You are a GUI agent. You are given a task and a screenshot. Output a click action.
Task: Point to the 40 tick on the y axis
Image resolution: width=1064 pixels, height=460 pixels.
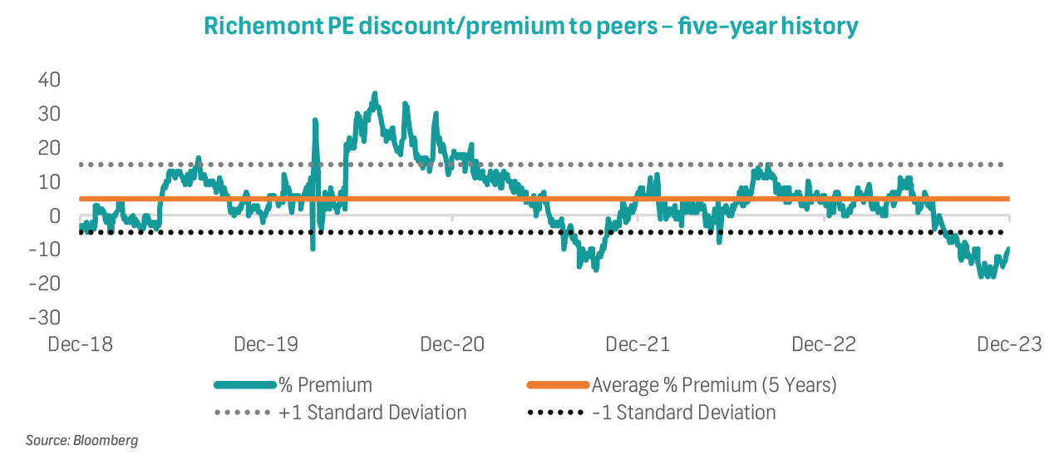click(49, 80)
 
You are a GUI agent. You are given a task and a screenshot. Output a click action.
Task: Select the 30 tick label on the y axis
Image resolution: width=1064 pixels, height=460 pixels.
click(49, 113)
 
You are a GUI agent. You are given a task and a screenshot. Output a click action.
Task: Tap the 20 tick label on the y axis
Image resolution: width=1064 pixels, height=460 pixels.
click(49, 148)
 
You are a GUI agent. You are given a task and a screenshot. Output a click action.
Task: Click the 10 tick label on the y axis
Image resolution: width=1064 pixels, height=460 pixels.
click(49, 181)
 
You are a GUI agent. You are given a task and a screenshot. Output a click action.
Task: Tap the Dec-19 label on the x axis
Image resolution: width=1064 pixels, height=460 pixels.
click(266, 344)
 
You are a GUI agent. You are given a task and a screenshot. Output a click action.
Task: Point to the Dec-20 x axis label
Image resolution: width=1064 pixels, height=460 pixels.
click(452, 344)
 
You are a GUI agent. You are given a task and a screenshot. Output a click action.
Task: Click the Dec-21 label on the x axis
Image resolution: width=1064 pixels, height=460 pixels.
click(638, 344)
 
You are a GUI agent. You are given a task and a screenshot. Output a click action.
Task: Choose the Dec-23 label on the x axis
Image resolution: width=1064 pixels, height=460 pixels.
click(1008, 344)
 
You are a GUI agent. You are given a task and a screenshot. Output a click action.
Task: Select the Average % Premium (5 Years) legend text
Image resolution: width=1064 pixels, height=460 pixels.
click(714, 385)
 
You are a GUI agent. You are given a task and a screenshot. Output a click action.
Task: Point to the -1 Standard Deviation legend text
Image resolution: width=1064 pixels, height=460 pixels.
click(684, 413)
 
